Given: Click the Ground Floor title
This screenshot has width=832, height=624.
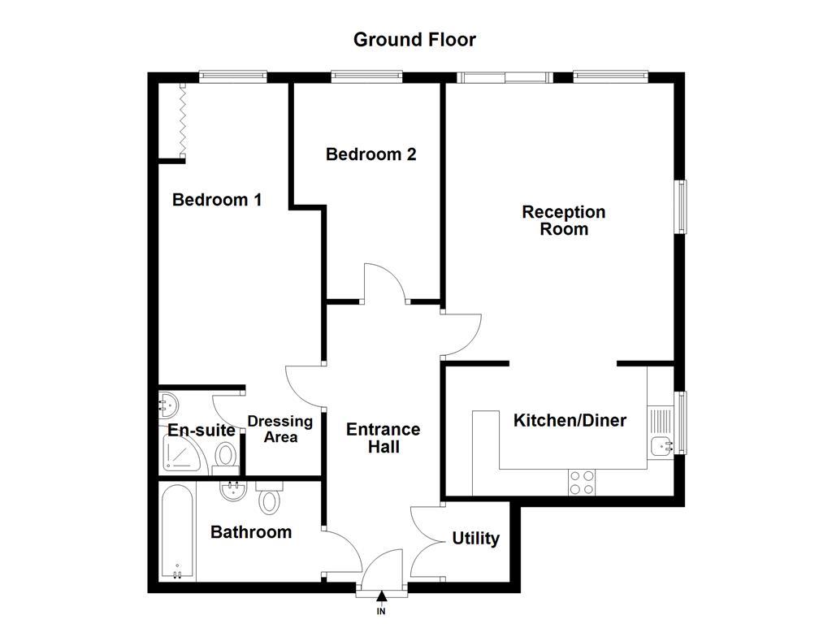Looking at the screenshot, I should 414,39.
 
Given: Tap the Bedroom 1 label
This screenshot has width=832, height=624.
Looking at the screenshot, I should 217,199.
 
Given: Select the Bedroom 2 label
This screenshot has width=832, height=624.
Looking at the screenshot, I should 370,154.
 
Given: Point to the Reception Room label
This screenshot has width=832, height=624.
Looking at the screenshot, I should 564,220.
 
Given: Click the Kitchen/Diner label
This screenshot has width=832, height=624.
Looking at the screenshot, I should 570,420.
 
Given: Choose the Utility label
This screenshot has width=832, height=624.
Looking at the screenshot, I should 475,539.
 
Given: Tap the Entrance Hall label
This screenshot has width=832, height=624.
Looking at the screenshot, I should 383,438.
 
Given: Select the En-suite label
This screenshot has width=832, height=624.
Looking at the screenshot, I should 201,430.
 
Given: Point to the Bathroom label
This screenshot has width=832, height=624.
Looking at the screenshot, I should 250,532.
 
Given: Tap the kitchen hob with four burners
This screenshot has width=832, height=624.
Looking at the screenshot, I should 581,482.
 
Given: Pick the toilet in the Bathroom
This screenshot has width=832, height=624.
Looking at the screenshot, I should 268,497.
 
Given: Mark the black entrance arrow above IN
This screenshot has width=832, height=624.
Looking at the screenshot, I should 382,599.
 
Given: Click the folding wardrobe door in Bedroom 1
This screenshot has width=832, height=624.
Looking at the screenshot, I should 183,119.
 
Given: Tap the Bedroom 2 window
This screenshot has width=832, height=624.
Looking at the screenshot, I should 366,77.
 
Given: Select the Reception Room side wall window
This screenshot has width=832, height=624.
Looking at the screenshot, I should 682,206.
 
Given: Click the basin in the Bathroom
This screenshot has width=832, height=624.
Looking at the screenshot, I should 233,490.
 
